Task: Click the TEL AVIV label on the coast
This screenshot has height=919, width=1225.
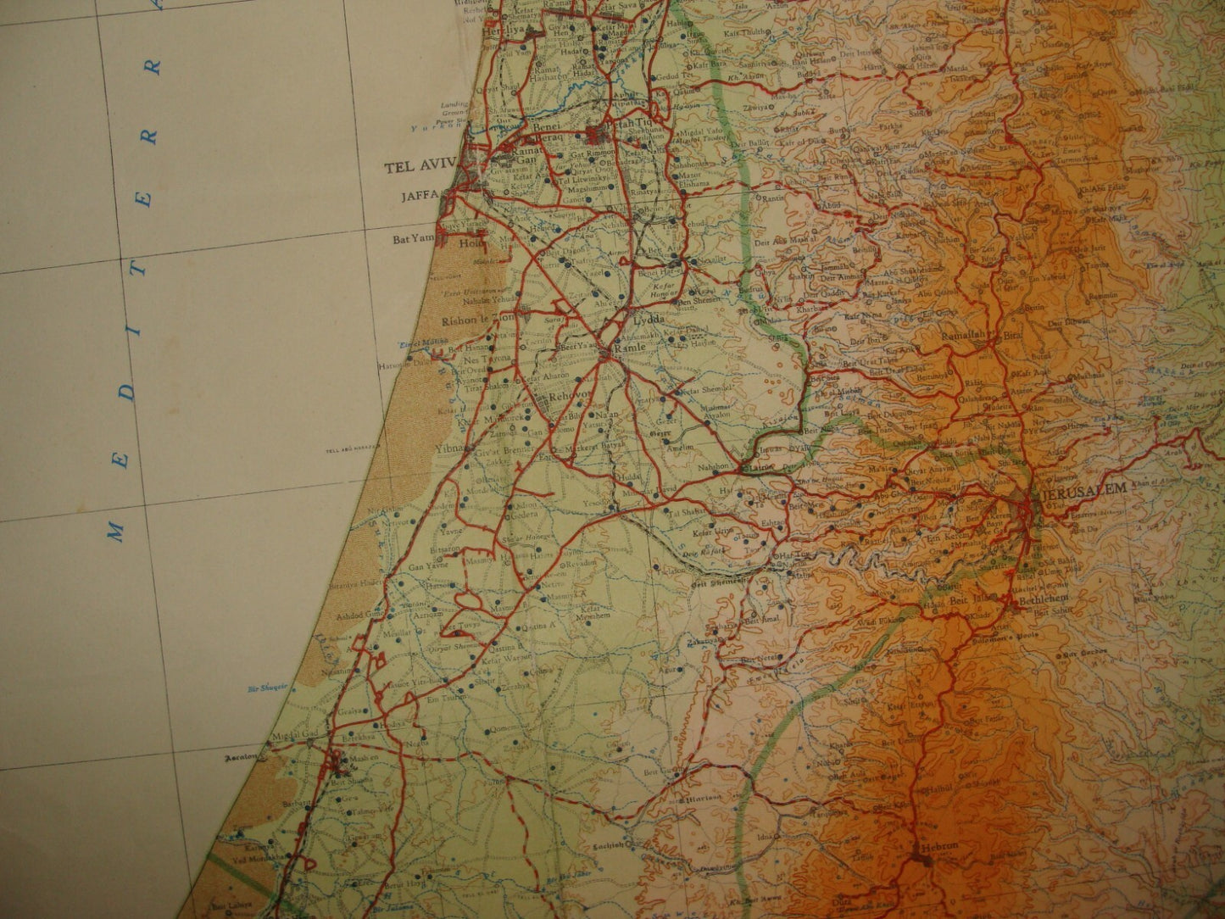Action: (x=420, y=166)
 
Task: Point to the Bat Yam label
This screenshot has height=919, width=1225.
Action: (x=407, y=240)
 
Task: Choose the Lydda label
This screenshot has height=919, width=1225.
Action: (x=649, y=320)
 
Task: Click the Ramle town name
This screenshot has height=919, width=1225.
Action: (x=625, y=347)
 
